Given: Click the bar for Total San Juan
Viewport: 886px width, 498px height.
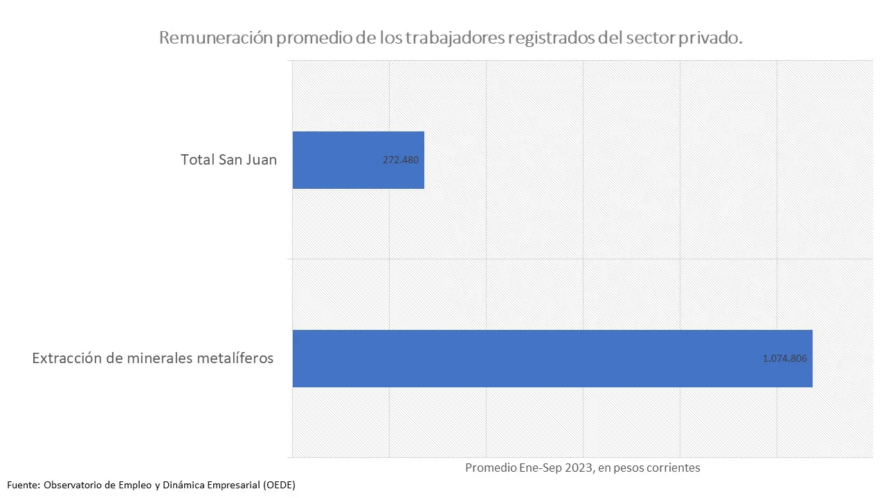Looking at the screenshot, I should pos(358,160).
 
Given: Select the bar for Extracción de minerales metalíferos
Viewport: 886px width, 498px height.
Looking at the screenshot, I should pos(552,358).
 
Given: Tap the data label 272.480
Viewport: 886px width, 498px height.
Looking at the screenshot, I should pos(401,160).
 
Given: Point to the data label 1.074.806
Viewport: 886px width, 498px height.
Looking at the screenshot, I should pos(785,358).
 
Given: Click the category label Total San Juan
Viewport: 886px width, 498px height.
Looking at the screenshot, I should pos(228,160).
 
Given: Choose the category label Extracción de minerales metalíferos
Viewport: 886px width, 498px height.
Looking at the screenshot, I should pos(153,358).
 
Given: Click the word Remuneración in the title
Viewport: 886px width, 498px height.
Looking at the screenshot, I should pos(215,38).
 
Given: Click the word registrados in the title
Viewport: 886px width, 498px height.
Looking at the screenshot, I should pos(548,38).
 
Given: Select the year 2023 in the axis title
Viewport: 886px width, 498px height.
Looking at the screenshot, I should pos(578,468).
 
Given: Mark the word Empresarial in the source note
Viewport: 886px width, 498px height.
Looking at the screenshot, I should pos(230,485).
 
